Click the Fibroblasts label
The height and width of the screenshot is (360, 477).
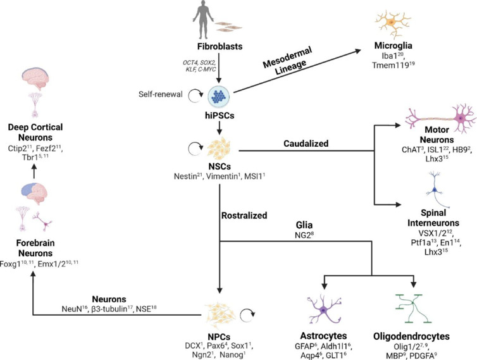tap(220, 47)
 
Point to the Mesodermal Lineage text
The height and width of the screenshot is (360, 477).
tap(287, 61)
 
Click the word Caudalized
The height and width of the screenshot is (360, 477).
tap(306, 144)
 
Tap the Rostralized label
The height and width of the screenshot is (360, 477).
tap(244, 216)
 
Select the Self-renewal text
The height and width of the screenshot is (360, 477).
tap(161, 94)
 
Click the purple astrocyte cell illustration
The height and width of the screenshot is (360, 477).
tap(324, 310)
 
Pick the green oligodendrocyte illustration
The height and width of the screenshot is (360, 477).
tap(413, 309)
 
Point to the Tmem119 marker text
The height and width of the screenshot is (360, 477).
tap(393, 65)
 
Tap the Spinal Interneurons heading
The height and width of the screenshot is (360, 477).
tap(433, 218)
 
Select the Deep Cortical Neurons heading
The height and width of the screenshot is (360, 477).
tap(35, 132)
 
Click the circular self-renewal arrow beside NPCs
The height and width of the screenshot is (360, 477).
tap(247, 316)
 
